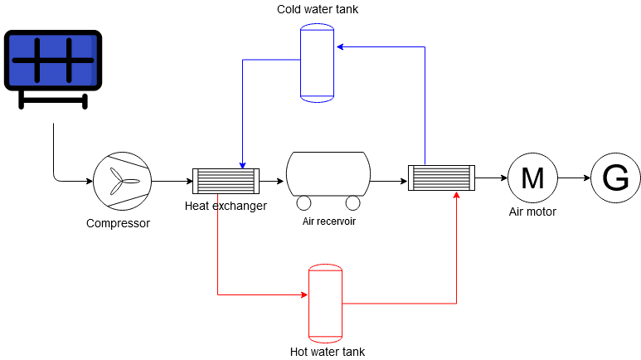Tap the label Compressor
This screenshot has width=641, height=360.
[x=118, y=223]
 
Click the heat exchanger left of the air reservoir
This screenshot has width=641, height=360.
[x=226, y=181]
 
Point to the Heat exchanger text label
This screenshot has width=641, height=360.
[x=226, y=206]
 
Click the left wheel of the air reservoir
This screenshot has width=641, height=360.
[x=303, y=203]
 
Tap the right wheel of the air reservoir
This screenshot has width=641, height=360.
[x=353, y=203]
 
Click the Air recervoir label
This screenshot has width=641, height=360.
[x=328, y=221]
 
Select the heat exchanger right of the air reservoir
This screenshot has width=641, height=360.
[x=441, y=178]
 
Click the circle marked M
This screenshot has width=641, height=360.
[x=532, y=178]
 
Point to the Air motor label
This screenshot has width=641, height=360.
[x=532, y=212]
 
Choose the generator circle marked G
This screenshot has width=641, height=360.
[x=615, y=178]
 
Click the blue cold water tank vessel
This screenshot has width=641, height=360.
[x=317, y=63]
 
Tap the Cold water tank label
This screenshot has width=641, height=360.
[x=318, y=9]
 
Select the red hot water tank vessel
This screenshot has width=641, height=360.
[x=325, y=303]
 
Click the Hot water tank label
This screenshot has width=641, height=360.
[x=328, y=352]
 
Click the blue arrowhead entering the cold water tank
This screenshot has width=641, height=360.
[x=339, y=47]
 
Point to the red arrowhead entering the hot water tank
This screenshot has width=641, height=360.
[x=304, y=294]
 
